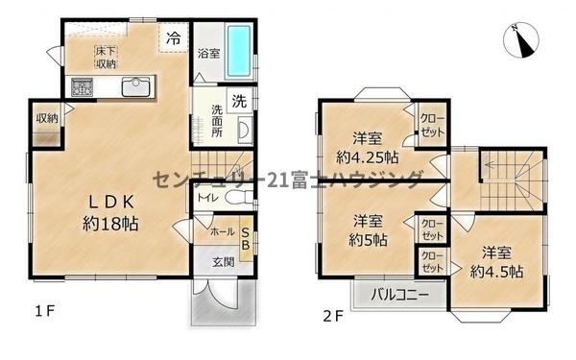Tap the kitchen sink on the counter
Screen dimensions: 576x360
point(136,86)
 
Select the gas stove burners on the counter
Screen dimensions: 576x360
point(82,87)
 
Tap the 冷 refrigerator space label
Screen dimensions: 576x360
point(174,37)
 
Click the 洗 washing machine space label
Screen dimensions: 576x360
point(239,101)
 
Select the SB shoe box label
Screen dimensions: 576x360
point(246,239)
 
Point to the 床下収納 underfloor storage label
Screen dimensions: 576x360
point(107,58)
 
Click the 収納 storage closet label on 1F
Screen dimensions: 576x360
point(47,119)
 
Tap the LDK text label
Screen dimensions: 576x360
point(111,202)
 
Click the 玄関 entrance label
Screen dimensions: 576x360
point(224,262)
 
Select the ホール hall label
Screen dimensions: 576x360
point(223,231)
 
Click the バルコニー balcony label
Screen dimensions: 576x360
point(399,295)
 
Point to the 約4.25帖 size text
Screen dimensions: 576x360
point(368,157)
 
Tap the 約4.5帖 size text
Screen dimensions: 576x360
point(497,272)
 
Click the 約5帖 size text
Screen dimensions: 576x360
point(368,241)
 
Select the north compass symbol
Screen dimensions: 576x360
point(520,40)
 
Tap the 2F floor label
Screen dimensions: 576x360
point(333,316)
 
